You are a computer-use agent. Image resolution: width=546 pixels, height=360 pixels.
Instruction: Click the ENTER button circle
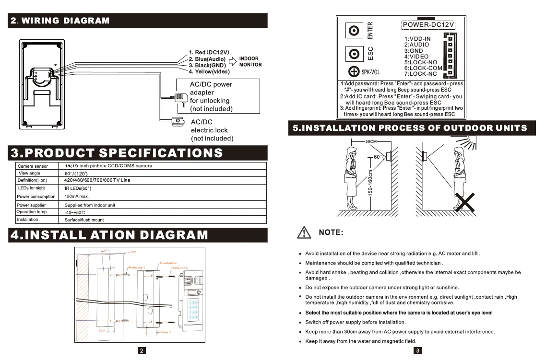point(355,31)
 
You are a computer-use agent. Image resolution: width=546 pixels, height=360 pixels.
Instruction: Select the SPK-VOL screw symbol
point(354,71)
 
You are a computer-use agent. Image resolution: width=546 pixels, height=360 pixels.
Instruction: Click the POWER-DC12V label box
point(428,25)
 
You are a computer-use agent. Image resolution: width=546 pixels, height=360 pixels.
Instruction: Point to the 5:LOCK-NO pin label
point(420,62)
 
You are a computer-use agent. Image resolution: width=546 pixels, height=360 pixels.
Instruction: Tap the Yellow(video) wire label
point(209,72)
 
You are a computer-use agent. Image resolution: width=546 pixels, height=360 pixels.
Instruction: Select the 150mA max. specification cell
point(77,197)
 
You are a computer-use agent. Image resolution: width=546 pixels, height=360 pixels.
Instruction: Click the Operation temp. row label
point(32,212)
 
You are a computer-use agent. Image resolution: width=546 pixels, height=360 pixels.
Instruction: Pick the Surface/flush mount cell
point(84,220)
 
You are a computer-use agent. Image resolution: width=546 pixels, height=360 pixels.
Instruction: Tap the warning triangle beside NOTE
point(305,232)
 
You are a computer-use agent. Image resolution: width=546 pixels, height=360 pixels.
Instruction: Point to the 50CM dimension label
point(371,142)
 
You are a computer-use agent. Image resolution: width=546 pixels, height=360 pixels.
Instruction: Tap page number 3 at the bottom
point(418,351)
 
